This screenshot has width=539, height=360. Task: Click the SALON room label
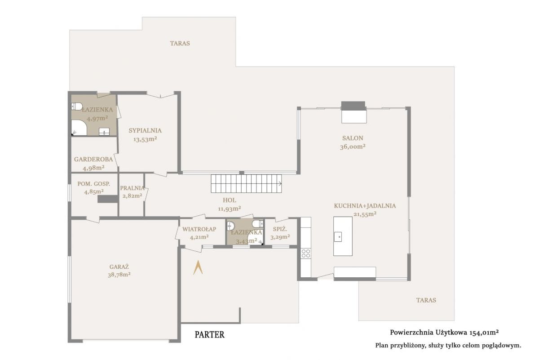click(353, 138)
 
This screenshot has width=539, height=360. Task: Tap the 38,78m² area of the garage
click(119, 275)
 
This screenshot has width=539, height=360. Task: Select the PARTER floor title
click(209, 334)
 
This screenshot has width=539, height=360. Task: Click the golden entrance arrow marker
click(198, 268)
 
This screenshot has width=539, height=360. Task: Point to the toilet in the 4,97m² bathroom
click(77, 107)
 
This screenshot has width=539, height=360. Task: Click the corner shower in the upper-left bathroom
click(79, 128)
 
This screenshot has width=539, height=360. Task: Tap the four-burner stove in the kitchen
click(305, 253)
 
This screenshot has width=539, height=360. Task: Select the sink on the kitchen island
click(338, 237)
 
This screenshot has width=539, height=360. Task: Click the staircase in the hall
click(247, 183)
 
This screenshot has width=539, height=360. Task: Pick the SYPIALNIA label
click(145, 130)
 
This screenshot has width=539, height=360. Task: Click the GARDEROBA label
click(93, 159)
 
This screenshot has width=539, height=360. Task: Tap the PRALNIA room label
click(133, 188)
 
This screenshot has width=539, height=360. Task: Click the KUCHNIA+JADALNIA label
click(365, 206)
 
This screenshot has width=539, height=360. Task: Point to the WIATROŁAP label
click(199, 229)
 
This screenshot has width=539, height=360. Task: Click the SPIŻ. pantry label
click(280, 229)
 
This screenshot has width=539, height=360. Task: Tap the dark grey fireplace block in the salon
click(353, 106)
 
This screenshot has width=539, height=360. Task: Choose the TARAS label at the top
click(180, 43)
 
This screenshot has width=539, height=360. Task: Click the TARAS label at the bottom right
click(426, 300)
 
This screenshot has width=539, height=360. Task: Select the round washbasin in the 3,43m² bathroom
click(230, 226)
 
